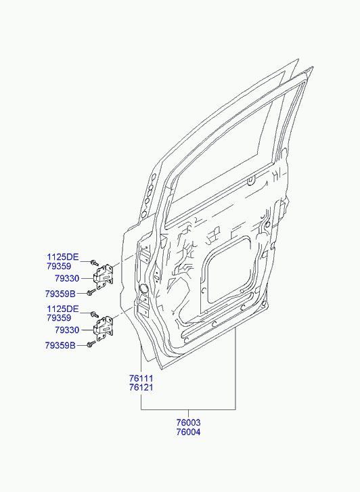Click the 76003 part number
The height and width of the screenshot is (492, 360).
188,422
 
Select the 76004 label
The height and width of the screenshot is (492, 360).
188,432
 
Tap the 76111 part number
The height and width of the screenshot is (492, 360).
141,378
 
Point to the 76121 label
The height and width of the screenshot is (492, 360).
141,388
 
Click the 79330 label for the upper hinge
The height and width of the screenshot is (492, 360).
67,278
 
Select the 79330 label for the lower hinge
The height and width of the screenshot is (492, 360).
67,330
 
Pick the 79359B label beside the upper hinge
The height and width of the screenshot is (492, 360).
60,294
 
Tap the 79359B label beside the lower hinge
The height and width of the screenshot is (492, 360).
60,345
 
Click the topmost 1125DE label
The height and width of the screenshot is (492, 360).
63,257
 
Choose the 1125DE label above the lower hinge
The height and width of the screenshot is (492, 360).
63,309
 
